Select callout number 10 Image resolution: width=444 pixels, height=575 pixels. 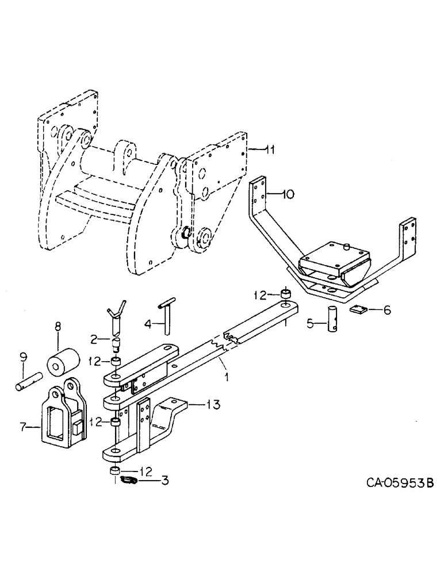coord(288,195)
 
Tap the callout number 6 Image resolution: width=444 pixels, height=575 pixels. coord(386,310)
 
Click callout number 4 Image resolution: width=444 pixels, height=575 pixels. coord(148,324)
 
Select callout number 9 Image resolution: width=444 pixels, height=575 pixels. coord(23,359)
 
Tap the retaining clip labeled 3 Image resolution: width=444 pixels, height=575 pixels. coord(131,480)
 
